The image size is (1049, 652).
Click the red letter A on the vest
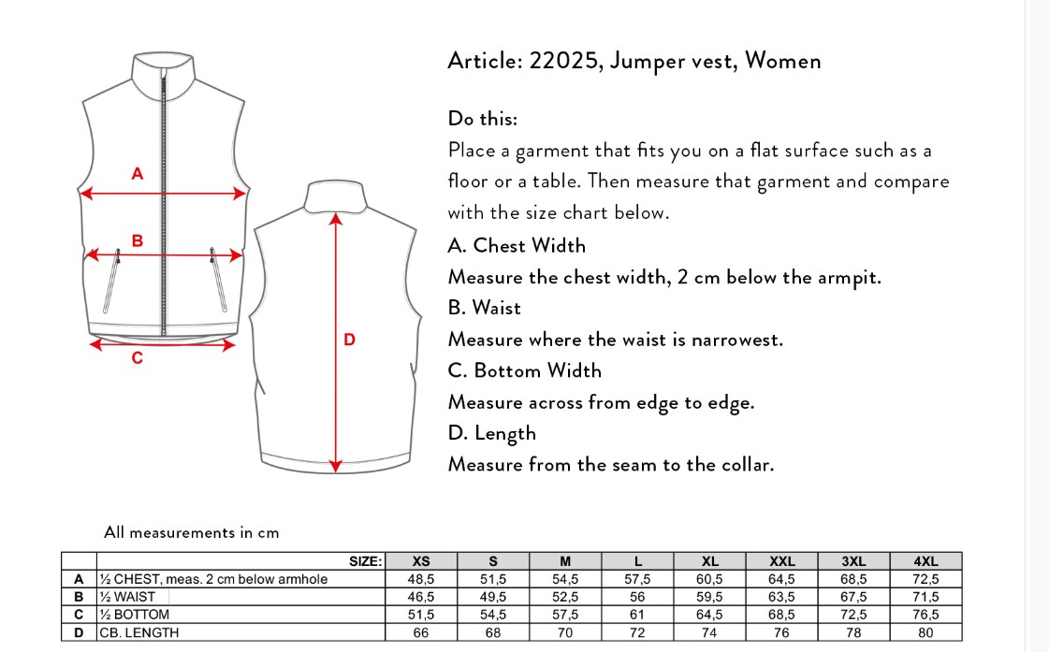[138, 174]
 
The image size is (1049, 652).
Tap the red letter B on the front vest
[138, 240]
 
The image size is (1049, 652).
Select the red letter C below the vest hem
[138, 358]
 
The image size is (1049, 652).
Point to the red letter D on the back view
[349, 340]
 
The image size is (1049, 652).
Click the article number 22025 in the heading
[562, 61]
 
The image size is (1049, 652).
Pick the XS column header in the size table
[421, 561]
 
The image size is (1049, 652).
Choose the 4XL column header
[925, 561]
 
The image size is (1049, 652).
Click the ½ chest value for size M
[565, 579]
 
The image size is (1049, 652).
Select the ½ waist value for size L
[637, 597]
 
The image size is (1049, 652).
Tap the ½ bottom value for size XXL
[781, 615]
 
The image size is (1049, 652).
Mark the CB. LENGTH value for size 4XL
[925, 632]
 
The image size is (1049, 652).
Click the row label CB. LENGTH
[139, 632]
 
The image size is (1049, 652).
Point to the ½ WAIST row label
[127, 597]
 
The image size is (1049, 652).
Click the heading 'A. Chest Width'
[517, 245]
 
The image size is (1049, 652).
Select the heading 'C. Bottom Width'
[524, 370]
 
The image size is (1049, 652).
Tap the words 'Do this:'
[482, 119]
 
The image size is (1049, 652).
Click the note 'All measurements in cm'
[191, 532]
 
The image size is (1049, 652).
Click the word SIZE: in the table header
[365, 561]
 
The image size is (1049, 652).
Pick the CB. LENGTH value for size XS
[421, 632]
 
